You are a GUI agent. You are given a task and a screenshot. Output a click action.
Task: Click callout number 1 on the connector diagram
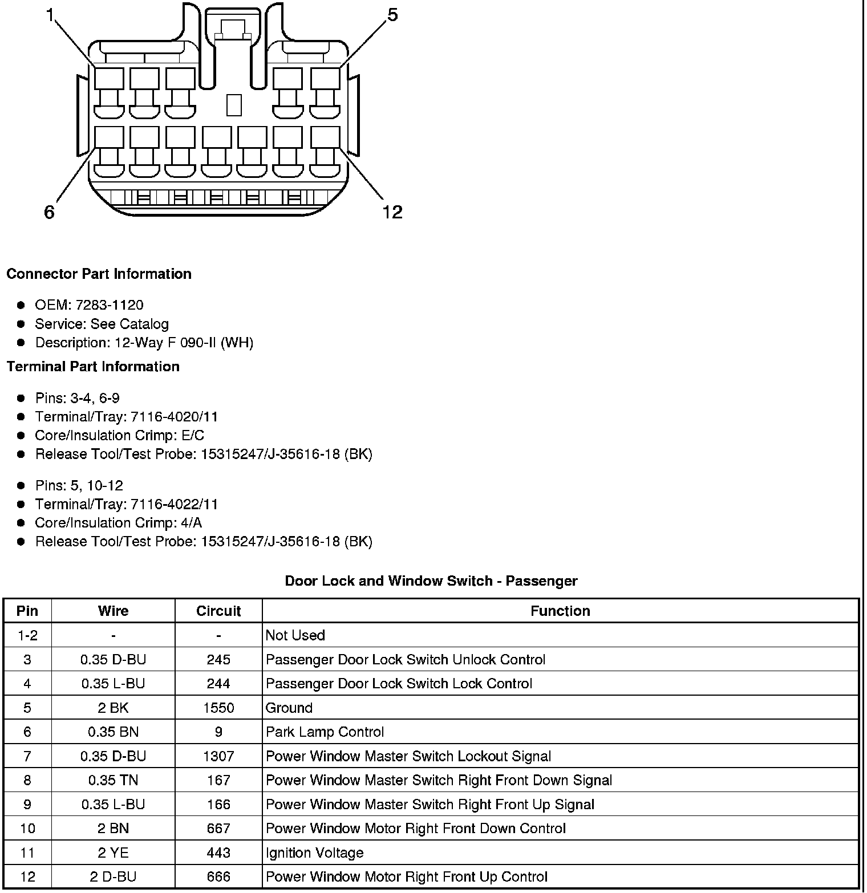[50, 16]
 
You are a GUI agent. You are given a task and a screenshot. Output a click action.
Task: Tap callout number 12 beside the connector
[392, 212]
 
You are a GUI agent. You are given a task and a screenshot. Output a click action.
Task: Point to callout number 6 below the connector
[49, 213]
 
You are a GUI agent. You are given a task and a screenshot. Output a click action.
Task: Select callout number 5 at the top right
[392, 15]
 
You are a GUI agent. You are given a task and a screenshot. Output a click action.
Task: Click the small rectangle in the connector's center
[234, 105]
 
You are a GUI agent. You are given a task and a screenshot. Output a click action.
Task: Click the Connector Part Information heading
[99, 274]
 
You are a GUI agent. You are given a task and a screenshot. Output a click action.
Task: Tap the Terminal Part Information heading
[93, 367]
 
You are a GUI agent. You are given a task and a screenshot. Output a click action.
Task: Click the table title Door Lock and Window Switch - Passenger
[431, 581]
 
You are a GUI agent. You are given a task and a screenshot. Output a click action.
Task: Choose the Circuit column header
[218, 611]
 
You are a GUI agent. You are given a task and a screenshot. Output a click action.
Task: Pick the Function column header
[560, 611]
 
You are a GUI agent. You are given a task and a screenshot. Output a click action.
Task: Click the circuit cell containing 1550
[218, 708]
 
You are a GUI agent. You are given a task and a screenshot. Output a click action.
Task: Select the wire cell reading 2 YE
[113, 853]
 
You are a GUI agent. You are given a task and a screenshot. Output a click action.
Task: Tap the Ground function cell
[289, 708]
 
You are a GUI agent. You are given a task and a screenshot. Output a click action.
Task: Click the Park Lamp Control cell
[325, 732]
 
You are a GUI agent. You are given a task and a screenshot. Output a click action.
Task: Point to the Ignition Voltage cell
[315, 853]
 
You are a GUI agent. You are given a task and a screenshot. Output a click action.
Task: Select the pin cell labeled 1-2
[27, 636]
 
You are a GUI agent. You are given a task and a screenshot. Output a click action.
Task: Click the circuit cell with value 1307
[218, 757]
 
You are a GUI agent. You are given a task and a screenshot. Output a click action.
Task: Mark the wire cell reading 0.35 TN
[113, 781]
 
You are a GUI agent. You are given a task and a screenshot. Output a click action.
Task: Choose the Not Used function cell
[295, 636]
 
